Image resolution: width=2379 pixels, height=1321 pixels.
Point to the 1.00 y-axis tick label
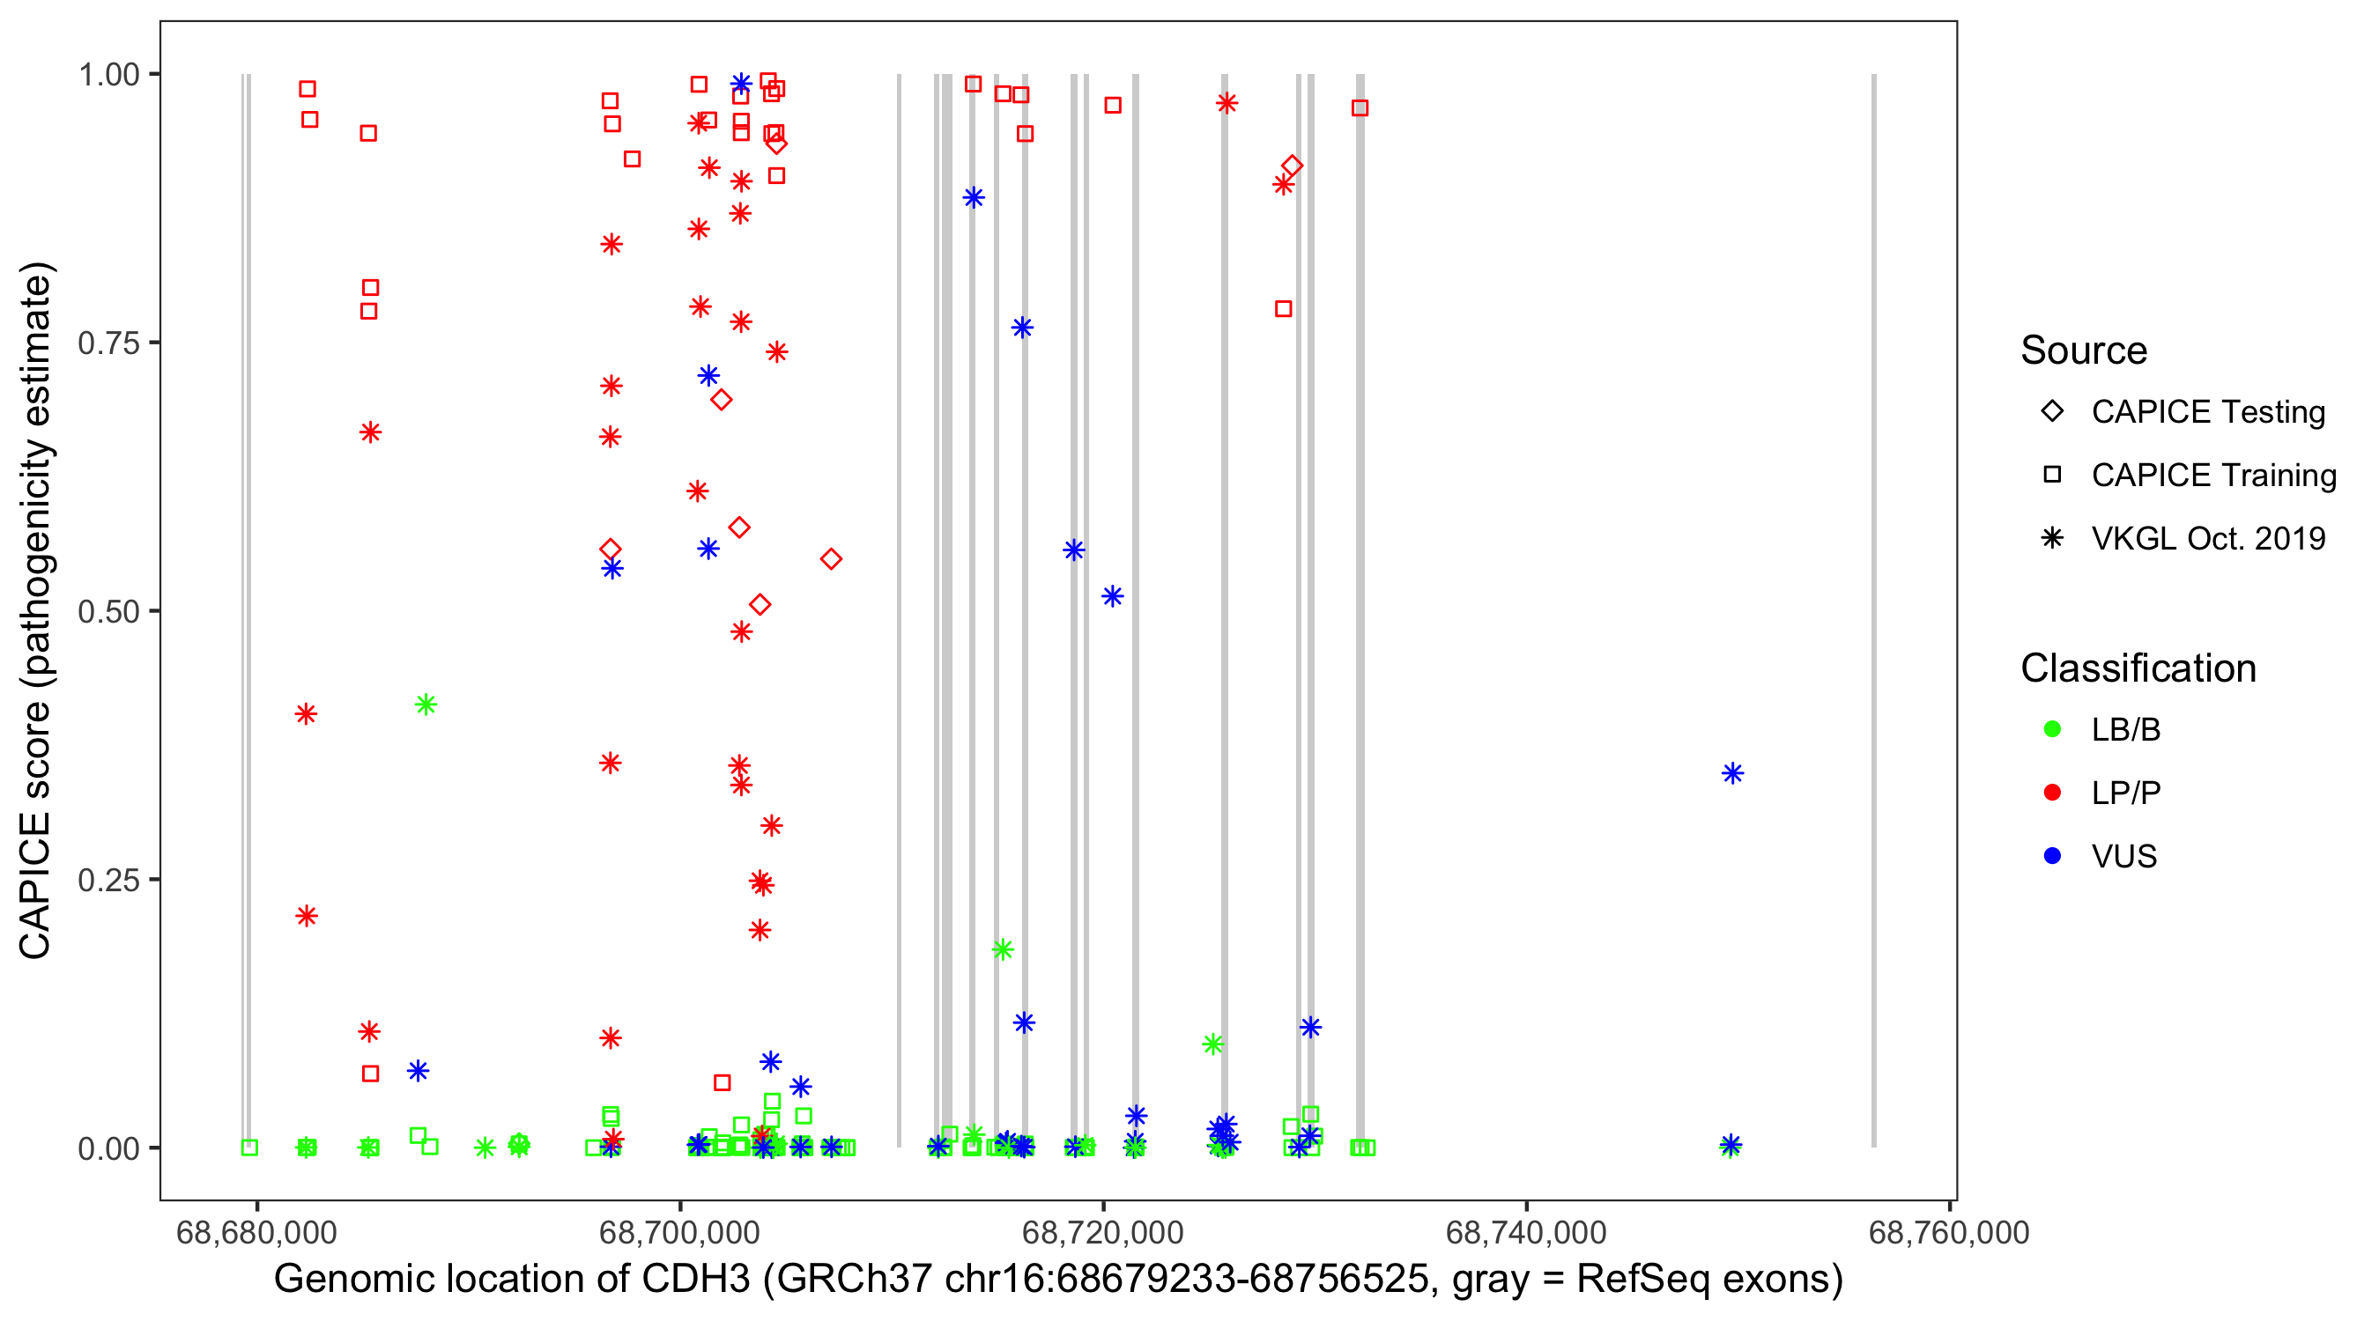[x=107, y=75]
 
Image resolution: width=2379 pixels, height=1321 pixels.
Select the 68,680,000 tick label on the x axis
[x=256, y=1232]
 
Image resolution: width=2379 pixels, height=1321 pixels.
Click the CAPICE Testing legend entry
[x=2207, y=412]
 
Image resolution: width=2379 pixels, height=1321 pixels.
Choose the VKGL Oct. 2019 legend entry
[x=2207, y=538]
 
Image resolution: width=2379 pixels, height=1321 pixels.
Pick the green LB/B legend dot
[x=2052, y=729]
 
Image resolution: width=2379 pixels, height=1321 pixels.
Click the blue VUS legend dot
[x=2052, y=856]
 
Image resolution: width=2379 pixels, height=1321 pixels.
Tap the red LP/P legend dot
[x=2052, y=793]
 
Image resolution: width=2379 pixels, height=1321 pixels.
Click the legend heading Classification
[x=2137, y=668]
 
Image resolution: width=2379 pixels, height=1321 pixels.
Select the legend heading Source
[x=2083, y=351]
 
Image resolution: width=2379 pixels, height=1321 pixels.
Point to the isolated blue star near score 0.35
[x=1731, y=773]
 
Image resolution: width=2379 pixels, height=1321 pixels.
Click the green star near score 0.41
[x=425, y=705]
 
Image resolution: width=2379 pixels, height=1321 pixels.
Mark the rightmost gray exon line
[x=1873, y=609]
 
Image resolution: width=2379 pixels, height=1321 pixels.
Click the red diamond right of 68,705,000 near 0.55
[x=830, y=559]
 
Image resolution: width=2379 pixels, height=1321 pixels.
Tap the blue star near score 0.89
[x=973, y=197]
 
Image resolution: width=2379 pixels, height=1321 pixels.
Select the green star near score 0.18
[x=1002, y=949]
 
